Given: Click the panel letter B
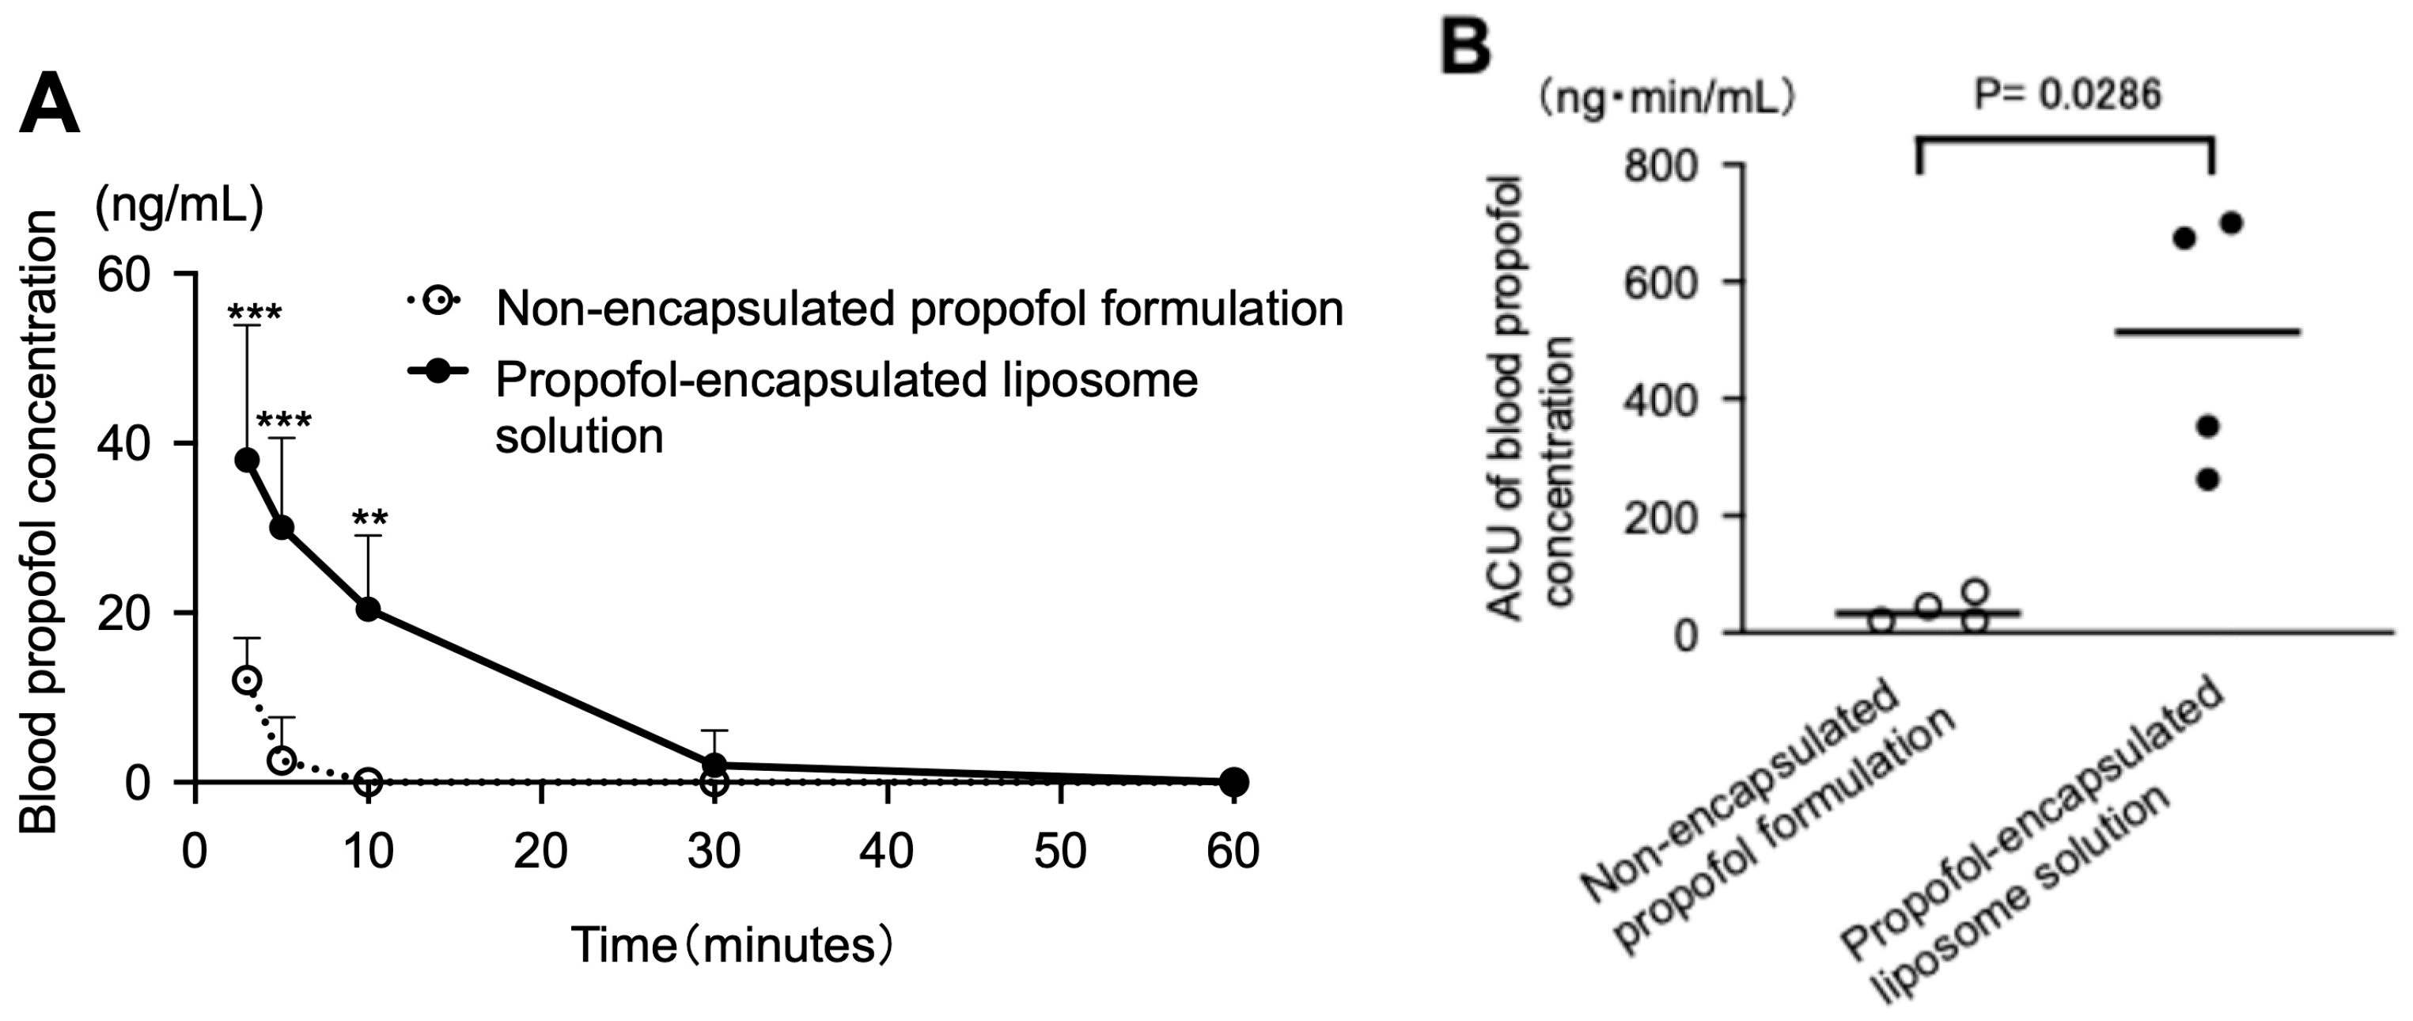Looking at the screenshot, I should pos(1465,46).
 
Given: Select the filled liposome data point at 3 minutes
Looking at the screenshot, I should pos(248,459).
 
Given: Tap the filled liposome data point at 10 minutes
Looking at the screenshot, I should pos(368,609).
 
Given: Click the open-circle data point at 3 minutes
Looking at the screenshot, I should pos(246,679).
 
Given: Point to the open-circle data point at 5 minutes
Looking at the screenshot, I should pos(282,760).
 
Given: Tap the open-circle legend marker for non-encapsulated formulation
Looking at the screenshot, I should pos(438,301).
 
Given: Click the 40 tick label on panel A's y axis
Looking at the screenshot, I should pos(123,443).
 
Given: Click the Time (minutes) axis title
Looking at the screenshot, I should pos(732,946).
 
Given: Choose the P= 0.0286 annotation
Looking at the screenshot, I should pos(2067,95).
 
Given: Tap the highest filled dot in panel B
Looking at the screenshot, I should pos(2231,223).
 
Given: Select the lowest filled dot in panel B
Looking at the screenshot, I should pos(2208,480).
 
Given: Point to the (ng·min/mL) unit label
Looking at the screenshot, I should pos(1668,98).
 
